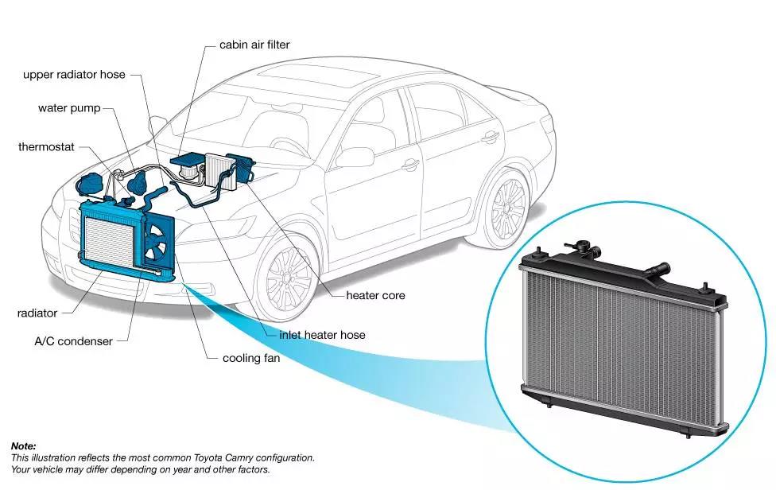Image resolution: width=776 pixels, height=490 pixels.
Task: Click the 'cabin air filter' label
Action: [x=254, y=45]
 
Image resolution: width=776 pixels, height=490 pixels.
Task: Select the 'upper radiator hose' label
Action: [x=74, y=75]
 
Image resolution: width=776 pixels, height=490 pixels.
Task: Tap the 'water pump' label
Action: [x=69, y=108]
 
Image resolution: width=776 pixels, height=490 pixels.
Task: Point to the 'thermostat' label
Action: [x=46, y=147]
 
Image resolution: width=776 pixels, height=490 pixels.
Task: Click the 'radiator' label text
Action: [x=37, y=313]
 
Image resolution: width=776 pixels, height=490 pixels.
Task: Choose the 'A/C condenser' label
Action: [x=73, y=341]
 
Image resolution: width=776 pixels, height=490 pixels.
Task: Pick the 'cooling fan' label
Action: [x=251, y=358]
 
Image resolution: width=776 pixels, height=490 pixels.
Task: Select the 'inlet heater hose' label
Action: [x=322, y=335]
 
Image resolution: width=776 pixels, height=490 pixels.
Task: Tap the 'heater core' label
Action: [x=375, y=295]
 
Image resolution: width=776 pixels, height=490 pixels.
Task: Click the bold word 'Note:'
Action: [x=23, y=446]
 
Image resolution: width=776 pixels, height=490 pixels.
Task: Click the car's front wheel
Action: [x=288, y=277]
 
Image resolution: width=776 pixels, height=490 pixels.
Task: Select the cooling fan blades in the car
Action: [x=157, y=241]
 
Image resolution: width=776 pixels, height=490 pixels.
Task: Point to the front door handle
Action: [x=411, y=165]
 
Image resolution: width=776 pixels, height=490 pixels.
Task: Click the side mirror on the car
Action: [x=355, y=157]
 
